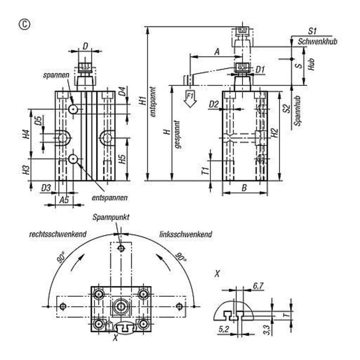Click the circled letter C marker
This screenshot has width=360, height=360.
coord(24,24)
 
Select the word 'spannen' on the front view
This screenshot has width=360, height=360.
coord(56,75)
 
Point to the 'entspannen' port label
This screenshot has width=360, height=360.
coord(109,197)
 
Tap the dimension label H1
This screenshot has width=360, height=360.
coord(143,101)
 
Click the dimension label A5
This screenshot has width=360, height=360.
coord(64,200)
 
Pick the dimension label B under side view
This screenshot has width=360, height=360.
coord(244,188)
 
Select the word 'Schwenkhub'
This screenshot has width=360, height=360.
coord(317,41)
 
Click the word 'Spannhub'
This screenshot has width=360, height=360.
coord(297,110)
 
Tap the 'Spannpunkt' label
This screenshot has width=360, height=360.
coord(111,217)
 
